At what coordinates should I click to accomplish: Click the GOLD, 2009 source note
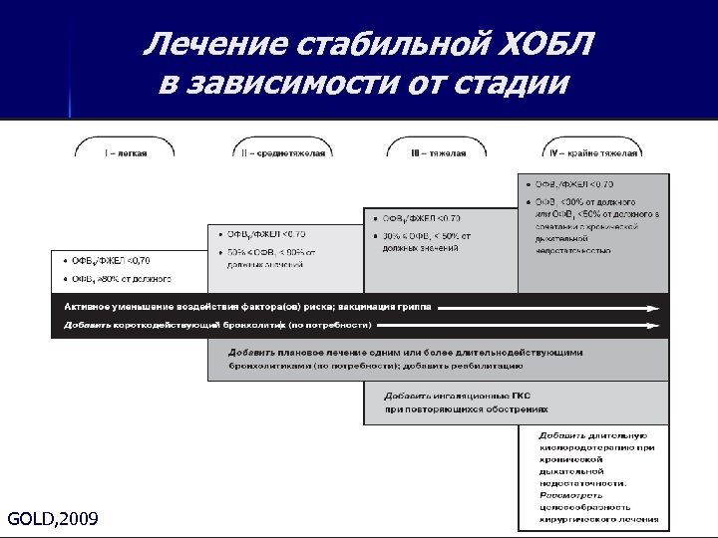(52, 518)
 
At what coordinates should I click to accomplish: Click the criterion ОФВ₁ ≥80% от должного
(120, 278)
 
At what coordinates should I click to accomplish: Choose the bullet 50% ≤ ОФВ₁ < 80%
(269, 252)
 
